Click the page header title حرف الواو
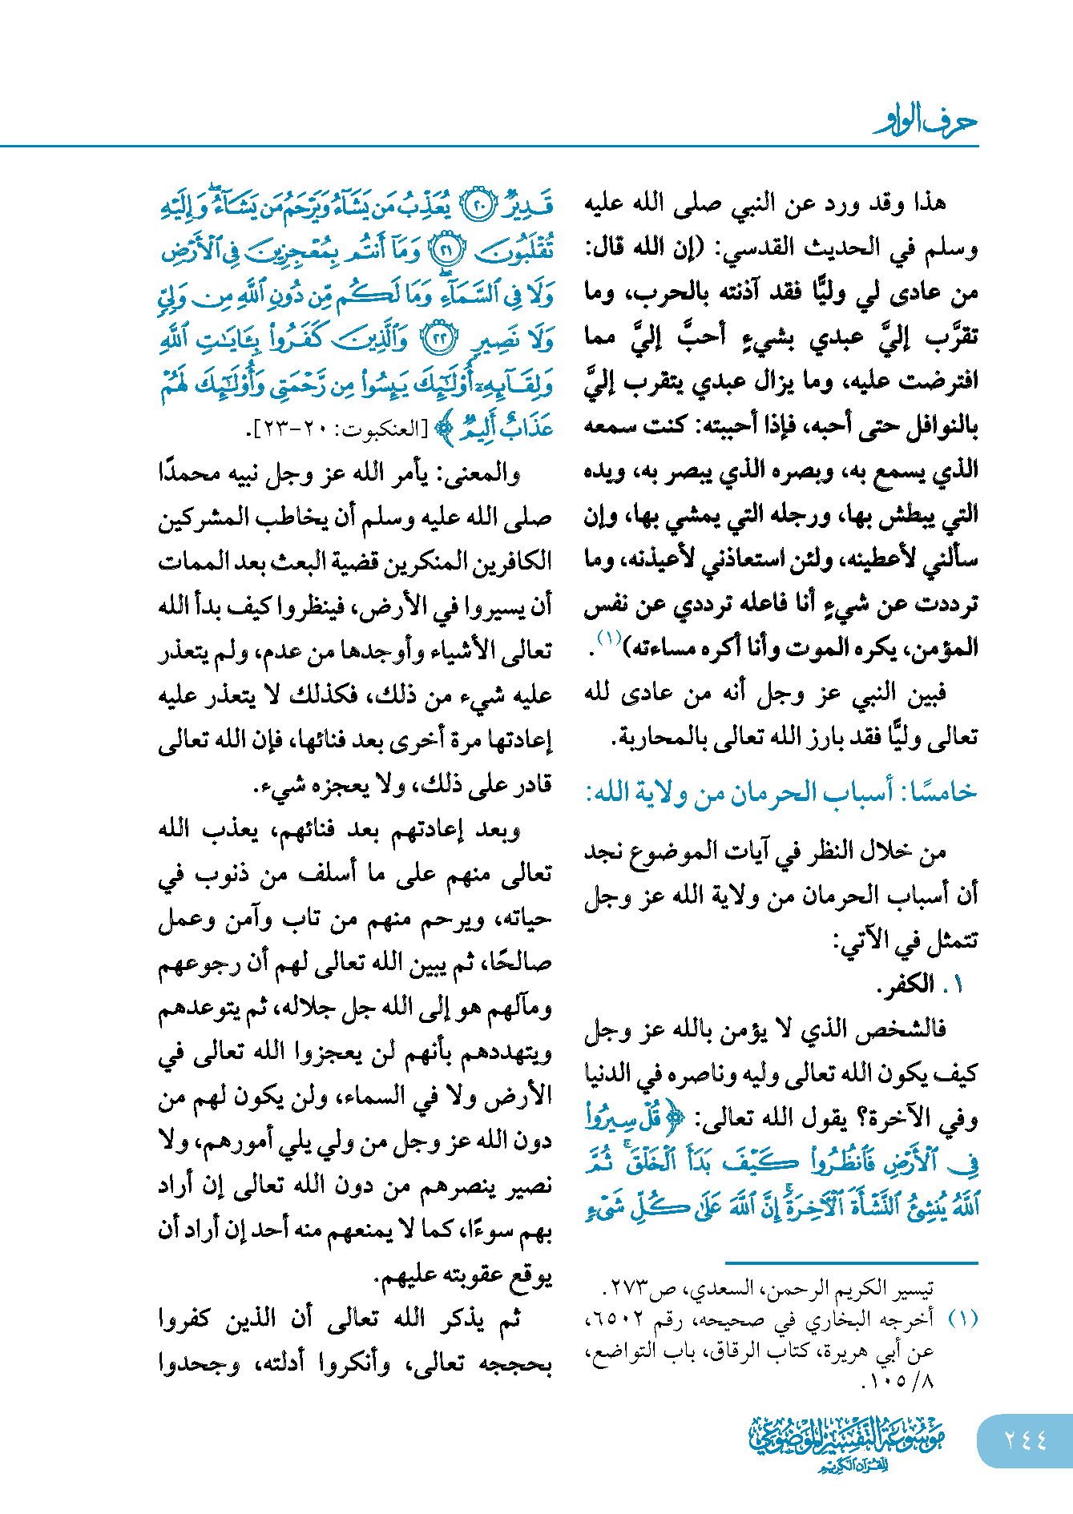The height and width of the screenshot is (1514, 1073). coord(926,123)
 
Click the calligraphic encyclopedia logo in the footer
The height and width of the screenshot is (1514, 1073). coord(846,1443)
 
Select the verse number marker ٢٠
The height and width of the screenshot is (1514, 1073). coord(482,207)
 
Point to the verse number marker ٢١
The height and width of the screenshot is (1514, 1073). coord(446,252)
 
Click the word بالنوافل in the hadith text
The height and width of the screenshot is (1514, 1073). coord(934,426)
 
